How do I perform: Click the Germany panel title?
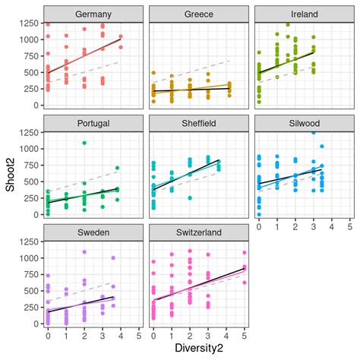point(93,14)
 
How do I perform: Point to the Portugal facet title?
point(93,124)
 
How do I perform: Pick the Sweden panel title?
point(93,233)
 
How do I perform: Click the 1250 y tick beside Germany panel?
point(27,24)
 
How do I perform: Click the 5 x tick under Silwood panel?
point(349,226)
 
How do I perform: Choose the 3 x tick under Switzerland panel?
point(207,335)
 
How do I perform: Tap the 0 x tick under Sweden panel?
point(48,335)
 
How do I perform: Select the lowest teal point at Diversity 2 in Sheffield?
point(189,198)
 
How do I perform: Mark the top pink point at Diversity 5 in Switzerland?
point(244,253)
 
